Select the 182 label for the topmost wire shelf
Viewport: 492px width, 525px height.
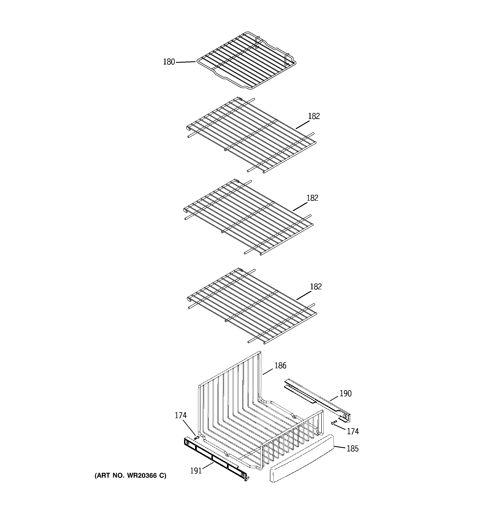pyautogui.click(x=314, y=116)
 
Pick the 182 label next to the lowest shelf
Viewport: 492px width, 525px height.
pyautogui.click(x=316, y=287)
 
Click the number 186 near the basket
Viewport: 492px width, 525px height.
pyautogui.click(x=280, y=365)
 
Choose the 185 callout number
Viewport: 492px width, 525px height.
pyautogui.click(x=352, y=449)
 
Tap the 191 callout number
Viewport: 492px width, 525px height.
pyautogui.click(x=196, y=471)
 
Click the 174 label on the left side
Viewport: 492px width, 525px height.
pyautogui.click(x=181, y=415)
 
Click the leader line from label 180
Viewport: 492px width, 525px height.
pyautogui.click(x=186, y=62)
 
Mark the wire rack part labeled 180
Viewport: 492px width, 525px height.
pyautogui.click(x=246, y=61)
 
